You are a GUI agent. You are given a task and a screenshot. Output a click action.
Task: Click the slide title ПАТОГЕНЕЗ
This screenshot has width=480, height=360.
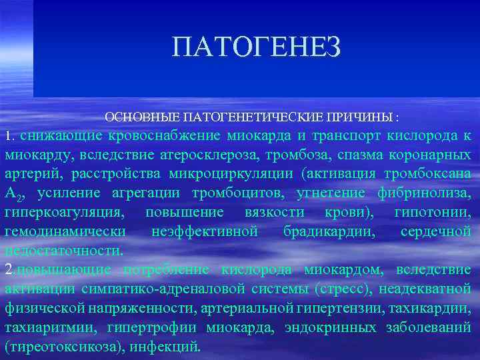pos(257,47)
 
